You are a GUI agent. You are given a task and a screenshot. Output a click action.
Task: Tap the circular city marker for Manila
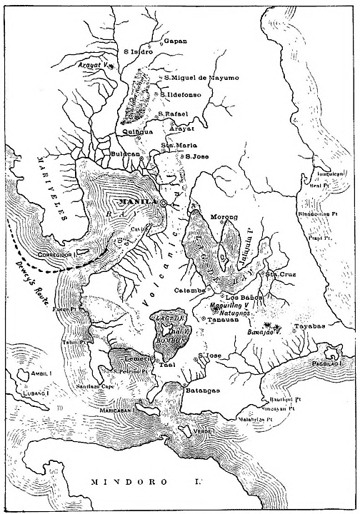164,203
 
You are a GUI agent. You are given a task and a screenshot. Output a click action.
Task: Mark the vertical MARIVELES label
54,188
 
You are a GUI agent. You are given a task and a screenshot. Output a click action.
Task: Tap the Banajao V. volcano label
266,331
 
